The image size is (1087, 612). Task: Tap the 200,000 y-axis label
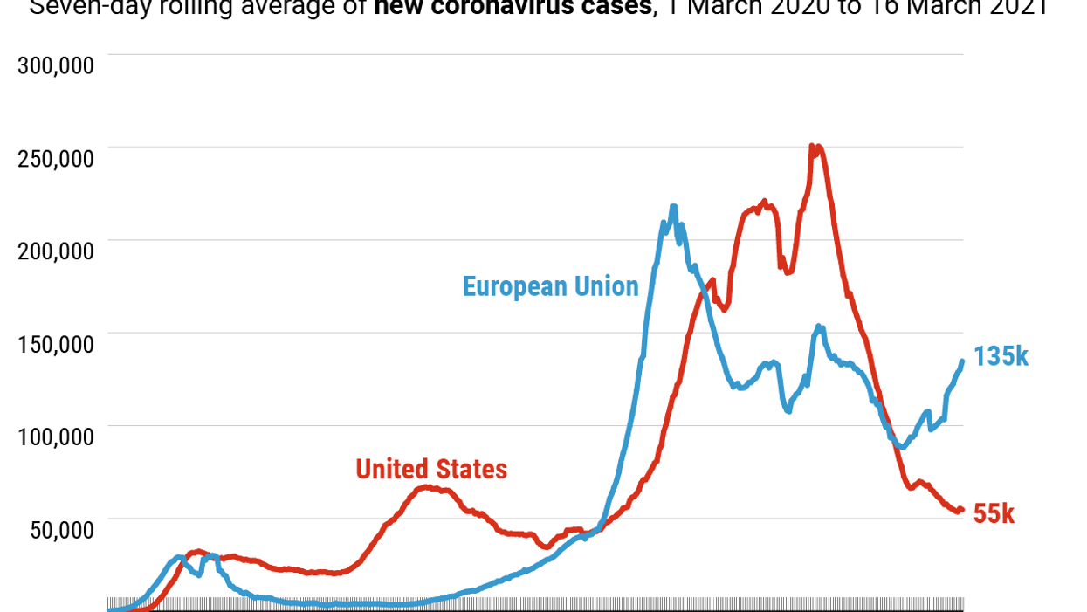[56, 251]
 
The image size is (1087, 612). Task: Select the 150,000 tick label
[56, 343]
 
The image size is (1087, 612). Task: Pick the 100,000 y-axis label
[56, 436]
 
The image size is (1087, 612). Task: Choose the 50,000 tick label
[62, 529]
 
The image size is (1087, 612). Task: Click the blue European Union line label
[550, 286]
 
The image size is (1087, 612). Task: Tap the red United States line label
[431, 469]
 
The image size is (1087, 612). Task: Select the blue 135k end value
[1001, 356]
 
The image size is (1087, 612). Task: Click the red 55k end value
[994, 514]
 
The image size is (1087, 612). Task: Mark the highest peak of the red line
[813, 147]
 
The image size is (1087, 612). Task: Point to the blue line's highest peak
[673, 207]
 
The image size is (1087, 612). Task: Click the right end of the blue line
[962, 361]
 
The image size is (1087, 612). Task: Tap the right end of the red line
[962, 510]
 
